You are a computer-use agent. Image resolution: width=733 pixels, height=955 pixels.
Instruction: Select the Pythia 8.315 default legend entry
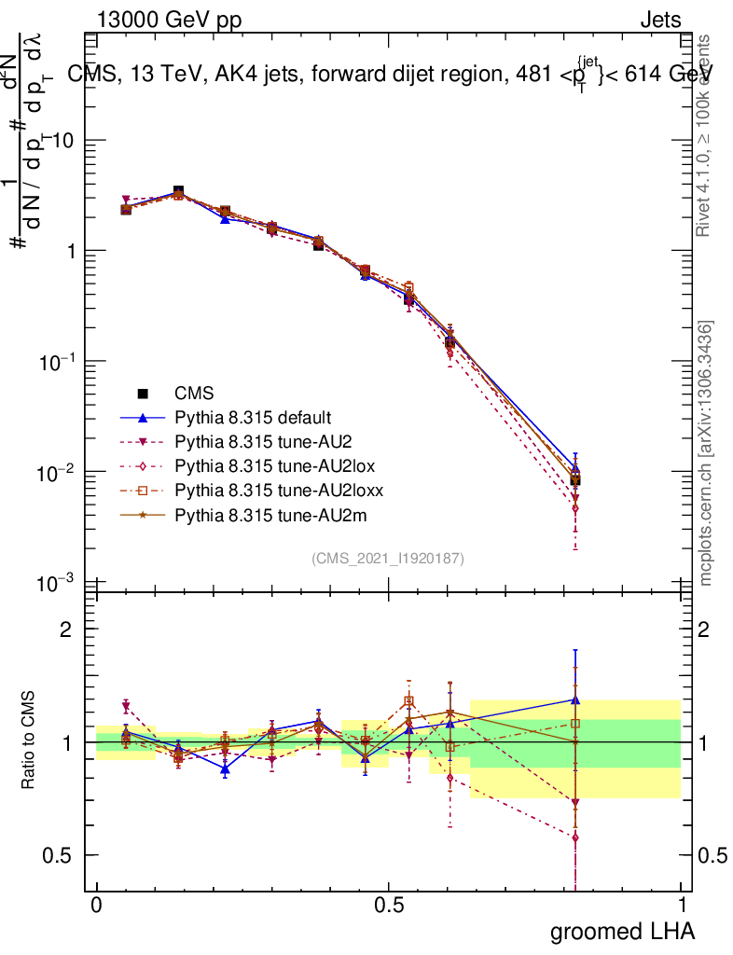pyautogui.click(x=253, y=417)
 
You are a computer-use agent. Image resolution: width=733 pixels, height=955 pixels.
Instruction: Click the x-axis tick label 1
pyautogui.click(x=682, y=906)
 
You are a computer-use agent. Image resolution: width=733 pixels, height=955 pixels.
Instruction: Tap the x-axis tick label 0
pyautogui.click(x=96, y=906)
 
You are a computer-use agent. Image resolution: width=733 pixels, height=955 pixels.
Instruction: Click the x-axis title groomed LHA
pyautogui.click(x=621, y=932)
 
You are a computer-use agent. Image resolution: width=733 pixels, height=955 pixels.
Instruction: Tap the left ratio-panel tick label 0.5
pyautogui.click(x=58, y=855)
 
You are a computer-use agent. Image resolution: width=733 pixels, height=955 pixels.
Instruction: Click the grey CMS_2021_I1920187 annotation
pyautogui.click(x=388, y=558)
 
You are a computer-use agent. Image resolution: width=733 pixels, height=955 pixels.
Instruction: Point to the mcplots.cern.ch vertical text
pyautogui.click(x=707, y=454)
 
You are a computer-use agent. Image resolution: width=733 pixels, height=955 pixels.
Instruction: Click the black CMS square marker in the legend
pyautogui.click(x=144, y=394)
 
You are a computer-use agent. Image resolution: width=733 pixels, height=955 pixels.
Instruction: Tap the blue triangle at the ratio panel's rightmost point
pyautogui.click(x=575, y=699)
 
